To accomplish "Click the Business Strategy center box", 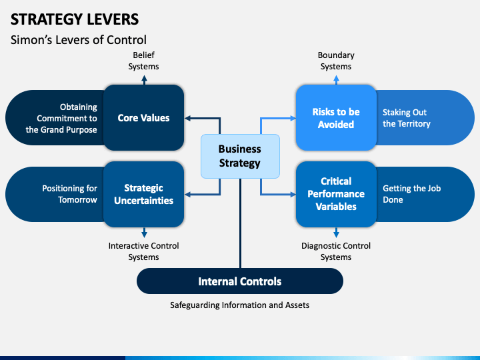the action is pos(240,156).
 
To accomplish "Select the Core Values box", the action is pos(143,117).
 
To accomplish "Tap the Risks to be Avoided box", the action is pos(336,117).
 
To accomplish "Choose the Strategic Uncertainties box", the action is pos(143,194).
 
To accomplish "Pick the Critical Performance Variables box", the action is pos(336,194).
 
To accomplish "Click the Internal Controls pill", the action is pos(240,281).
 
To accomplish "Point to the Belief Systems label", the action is pos(143,61).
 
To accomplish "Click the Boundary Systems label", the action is pos(336,61).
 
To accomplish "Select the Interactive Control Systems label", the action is pos(143,251).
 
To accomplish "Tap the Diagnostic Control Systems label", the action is pos(336,251).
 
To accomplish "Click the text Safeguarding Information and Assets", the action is pos(240,305).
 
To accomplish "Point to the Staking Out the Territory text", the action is pos(407,118).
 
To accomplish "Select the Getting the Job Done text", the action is pos(412,194).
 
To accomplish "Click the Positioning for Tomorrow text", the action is pos(69,194).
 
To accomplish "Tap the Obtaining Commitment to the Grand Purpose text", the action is pos(61,118).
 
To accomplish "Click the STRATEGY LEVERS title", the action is pos(75,19).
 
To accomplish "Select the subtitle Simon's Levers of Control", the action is pos(79,40).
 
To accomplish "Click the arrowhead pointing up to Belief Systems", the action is pos(144,79).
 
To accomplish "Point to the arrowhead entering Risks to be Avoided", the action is pos(293,118).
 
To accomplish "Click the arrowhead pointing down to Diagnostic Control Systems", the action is pos(336,235).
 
